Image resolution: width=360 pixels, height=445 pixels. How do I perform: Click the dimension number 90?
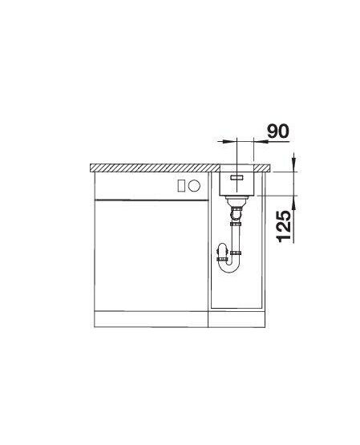278,131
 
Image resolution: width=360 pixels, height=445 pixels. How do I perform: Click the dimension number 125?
285,226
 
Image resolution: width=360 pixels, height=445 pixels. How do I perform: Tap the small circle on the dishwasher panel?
194,185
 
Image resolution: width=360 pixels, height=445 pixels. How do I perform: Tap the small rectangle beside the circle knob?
181,185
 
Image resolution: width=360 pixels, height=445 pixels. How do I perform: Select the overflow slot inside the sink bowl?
237,177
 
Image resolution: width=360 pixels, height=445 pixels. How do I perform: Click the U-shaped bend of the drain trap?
229,265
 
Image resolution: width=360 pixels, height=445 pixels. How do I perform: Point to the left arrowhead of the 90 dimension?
222,141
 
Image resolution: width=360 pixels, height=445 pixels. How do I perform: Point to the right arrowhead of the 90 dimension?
260,141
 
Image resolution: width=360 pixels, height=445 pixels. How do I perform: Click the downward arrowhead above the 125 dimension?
294,162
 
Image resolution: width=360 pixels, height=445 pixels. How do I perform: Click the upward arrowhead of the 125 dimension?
294,205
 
